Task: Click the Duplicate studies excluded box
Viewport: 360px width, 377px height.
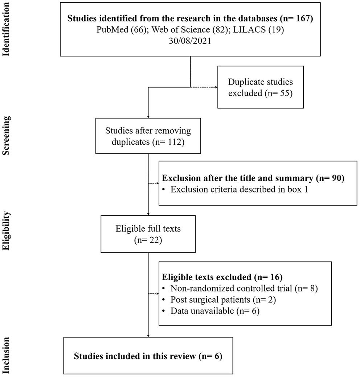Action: tap(260, 87)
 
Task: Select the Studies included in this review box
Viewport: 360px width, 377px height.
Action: tap(148, 356)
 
